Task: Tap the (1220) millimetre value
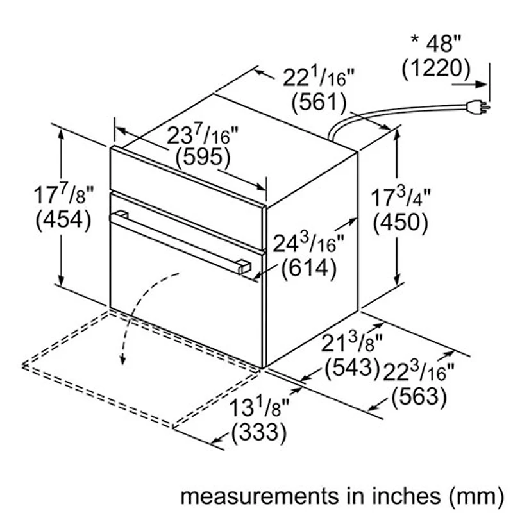tap(436, 68)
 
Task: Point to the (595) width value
tap(201, 156)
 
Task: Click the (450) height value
tap(399, 221)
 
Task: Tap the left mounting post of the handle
tap(122, 215)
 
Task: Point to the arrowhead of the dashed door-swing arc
tap(120, 361)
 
